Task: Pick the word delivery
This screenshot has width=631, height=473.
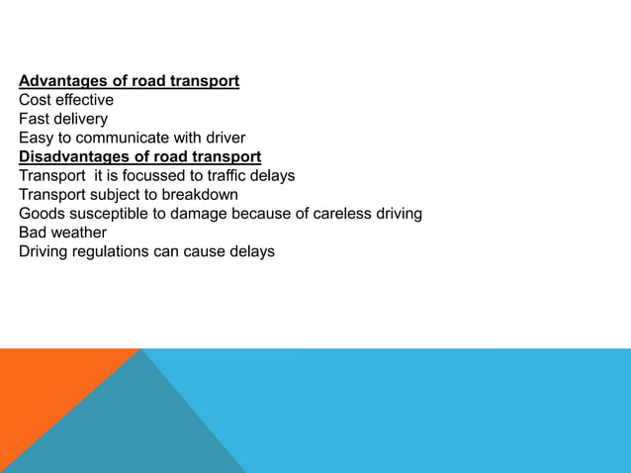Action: (83, 119)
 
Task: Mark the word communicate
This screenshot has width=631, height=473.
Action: (126, 138)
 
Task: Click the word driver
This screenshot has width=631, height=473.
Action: (221, 138)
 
